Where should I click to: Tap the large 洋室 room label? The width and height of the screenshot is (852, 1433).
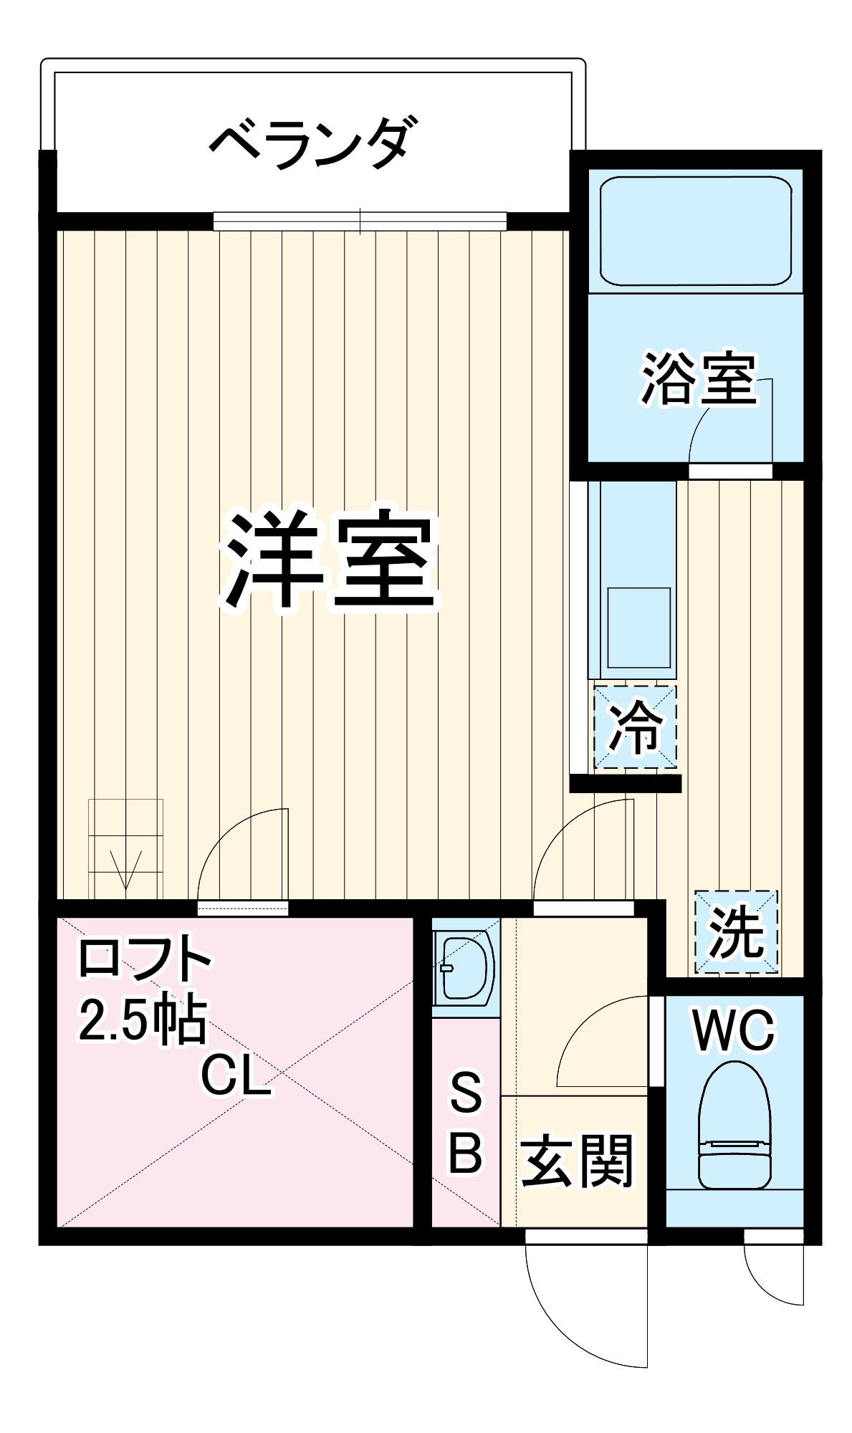pyautogui.click(x=330, y=560)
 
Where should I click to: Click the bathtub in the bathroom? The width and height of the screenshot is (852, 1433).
pyautogui.click(x=695, y=231)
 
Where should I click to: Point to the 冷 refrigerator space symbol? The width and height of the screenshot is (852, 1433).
pyautogui.click(x=634, y=727)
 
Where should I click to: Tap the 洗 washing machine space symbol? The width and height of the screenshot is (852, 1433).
pyautogui.click(x=735, y=931)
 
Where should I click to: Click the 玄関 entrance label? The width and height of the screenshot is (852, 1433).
pyautogui.click(x=577, y=1160)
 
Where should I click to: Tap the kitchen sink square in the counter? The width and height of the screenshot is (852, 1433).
pyautogui.click(x=638, y=628)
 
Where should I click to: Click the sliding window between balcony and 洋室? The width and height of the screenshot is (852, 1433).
pyautogui.click(x=360, y=221)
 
